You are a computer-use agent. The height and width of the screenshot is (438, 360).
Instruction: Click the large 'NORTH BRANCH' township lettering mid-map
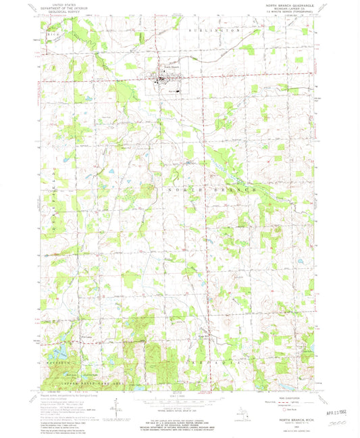pyautogui.click(x=211, y=191)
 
